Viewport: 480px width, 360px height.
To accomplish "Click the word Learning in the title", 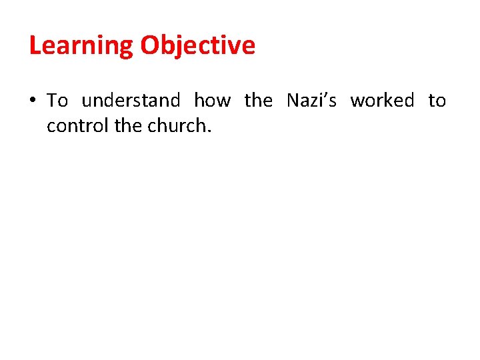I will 81,46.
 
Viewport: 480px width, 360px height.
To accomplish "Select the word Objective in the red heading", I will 198,46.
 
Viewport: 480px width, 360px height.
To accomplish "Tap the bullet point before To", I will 33,101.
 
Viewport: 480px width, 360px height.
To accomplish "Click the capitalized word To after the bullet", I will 57,101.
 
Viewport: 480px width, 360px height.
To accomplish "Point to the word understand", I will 131,101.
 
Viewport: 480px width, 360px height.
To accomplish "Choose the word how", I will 212,101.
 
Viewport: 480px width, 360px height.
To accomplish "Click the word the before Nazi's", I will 259,101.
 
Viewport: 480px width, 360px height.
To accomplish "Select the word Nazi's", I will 311,101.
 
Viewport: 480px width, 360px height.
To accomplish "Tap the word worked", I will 382,101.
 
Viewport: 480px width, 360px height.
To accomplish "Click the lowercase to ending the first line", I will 437,101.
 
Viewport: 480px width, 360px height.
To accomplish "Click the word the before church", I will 128,125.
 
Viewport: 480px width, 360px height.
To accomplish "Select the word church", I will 175,125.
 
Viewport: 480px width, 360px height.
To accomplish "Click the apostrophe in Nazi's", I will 325,95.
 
